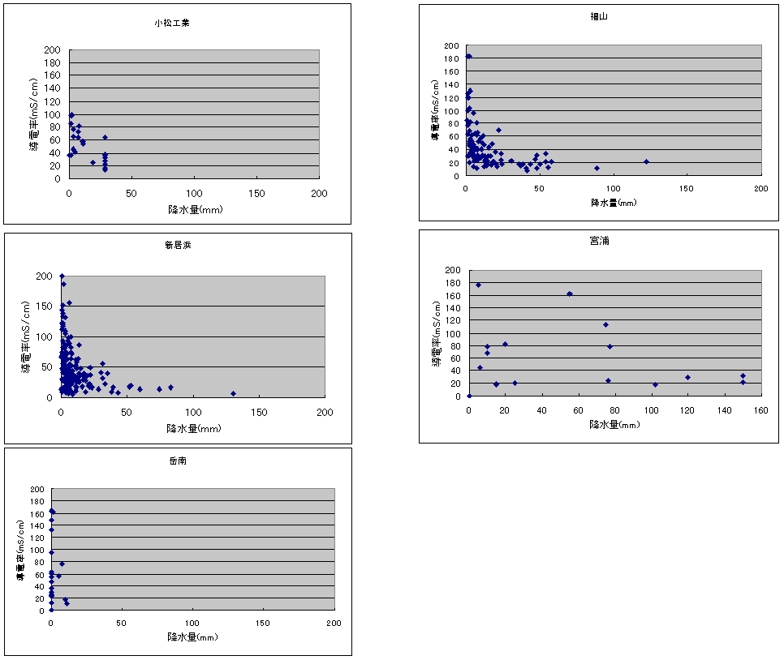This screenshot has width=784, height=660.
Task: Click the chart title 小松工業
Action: (x=172, y=23)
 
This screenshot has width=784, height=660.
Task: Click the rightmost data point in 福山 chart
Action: (x=646, y=161)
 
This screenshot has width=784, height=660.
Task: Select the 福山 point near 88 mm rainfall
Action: (x=597, y=168)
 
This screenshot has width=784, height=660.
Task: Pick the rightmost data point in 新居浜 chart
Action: (x=233, y=393)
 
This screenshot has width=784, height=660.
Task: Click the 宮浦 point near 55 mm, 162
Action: (x=570, y=294)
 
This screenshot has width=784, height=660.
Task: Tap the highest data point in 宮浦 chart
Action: (x=479, y=285)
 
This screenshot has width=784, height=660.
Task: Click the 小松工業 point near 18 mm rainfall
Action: (x=93, y=162)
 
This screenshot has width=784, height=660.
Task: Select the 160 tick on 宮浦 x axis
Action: (x=760, y=409)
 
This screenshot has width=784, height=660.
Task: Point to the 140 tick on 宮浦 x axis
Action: (x=724, y=409)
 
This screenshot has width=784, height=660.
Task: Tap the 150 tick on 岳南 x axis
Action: (x=263, y=623)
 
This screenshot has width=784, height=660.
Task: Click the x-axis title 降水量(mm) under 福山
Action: (x=614, y=202)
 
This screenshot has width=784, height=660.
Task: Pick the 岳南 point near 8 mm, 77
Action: (x=62, y=564)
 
